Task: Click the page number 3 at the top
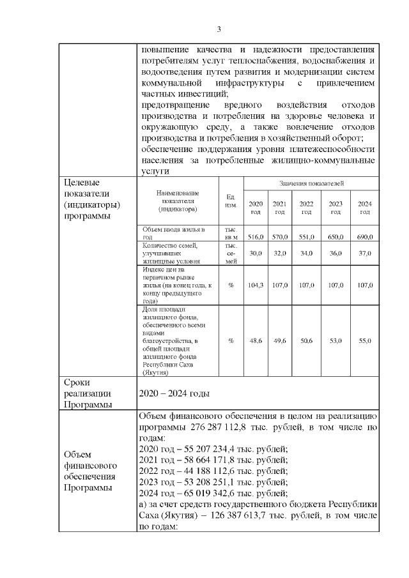219,29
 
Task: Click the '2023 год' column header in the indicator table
336,208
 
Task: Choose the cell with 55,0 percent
364,341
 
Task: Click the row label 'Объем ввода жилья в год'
174,232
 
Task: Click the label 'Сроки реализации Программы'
88,393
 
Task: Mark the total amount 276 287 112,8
220,427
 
